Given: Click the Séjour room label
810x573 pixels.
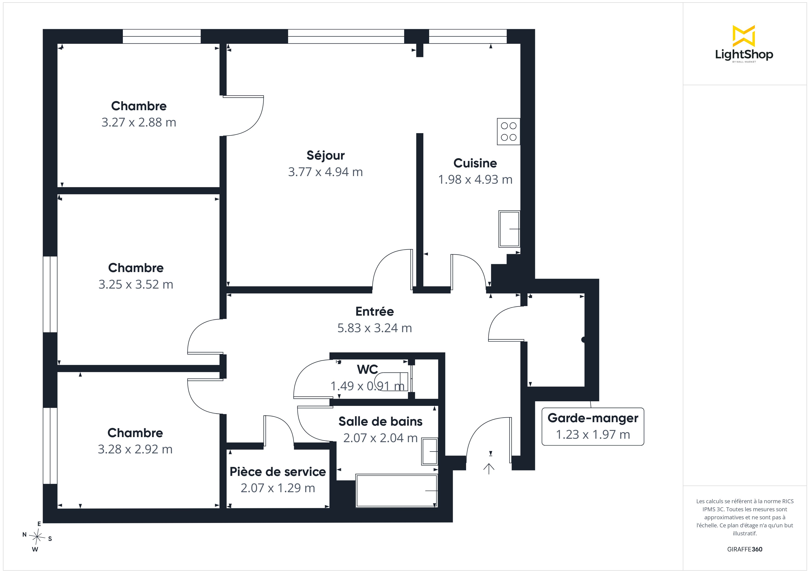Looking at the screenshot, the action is click(x=325, y=156).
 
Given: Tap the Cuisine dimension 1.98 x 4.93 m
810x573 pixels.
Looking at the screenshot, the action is click(x=475, y=180).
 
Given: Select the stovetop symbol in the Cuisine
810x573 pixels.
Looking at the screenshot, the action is click(x=508, y=132).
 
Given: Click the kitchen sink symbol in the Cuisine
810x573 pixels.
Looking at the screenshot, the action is click(x=509, y=229).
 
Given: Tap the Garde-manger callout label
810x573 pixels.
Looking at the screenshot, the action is click(x=593, y=418).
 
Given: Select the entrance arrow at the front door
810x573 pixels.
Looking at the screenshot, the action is click(x=489, y=469).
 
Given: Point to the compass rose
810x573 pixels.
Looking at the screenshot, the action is click(x=37, y=537).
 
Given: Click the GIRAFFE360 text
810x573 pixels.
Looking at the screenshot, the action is click(x=744, y=549).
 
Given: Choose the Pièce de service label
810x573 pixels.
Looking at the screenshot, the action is click(x=278, y=472).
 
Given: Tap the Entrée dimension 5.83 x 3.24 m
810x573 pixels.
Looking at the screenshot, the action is click(x=374, y=328).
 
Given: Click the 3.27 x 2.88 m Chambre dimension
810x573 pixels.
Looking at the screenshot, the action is click(x=139, y=122).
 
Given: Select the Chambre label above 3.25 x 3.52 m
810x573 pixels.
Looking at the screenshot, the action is click(x=136, y=268).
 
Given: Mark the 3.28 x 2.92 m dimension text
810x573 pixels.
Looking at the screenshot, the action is click(x=135, y=449).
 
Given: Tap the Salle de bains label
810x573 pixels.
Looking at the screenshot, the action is click(x=380, y=421).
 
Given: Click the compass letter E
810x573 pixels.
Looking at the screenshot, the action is click(x=39, y=524).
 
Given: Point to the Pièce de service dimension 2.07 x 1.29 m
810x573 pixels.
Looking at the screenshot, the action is click(x=278, y=488).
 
